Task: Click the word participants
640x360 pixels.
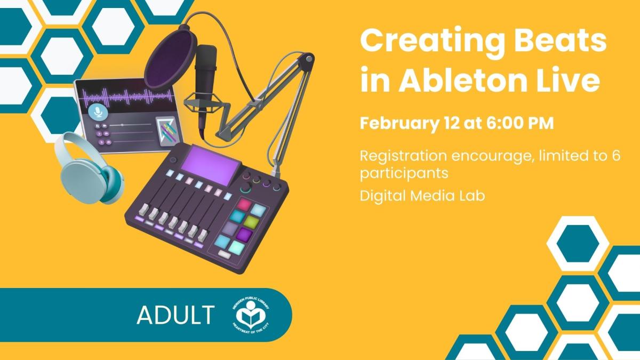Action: (x=404, y=174)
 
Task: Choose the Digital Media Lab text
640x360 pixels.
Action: (x=422, y=196)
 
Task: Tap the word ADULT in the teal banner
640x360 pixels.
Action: (x=175, y=315)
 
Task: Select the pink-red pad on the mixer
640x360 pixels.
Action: (x=244, y=205)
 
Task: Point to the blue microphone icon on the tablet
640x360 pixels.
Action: (x=97, y=111)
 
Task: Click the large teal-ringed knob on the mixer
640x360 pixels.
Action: (x=246, y=189)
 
